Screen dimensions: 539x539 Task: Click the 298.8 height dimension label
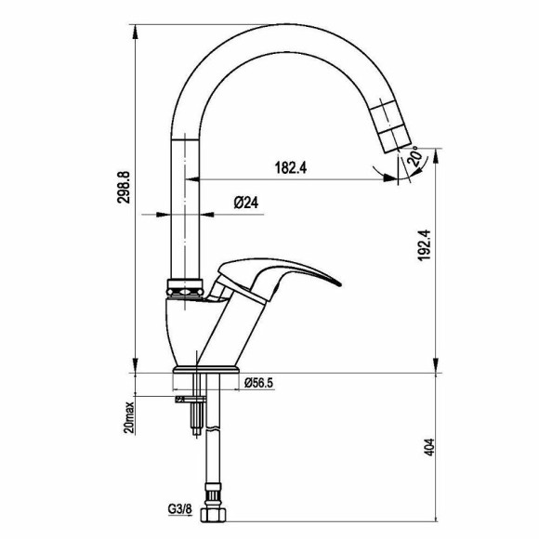[124, 188]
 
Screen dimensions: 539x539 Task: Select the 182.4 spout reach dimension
[291, 168]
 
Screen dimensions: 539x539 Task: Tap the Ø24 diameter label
[245, 203]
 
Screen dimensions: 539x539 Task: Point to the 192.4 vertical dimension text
[424, 245]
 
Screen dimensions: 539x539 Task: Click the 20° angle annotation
[414, 157]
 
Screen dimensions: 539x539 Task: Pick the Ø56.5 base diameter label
[259, 383]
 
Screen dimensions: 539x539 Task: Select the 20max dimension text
[129, 417]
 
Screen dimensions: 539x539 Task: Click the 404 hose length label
[429, 447]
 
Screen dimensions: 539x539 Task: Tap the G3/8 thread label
[179, 509]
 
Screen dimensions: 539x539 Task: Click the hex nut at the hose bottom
[213, 515]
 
